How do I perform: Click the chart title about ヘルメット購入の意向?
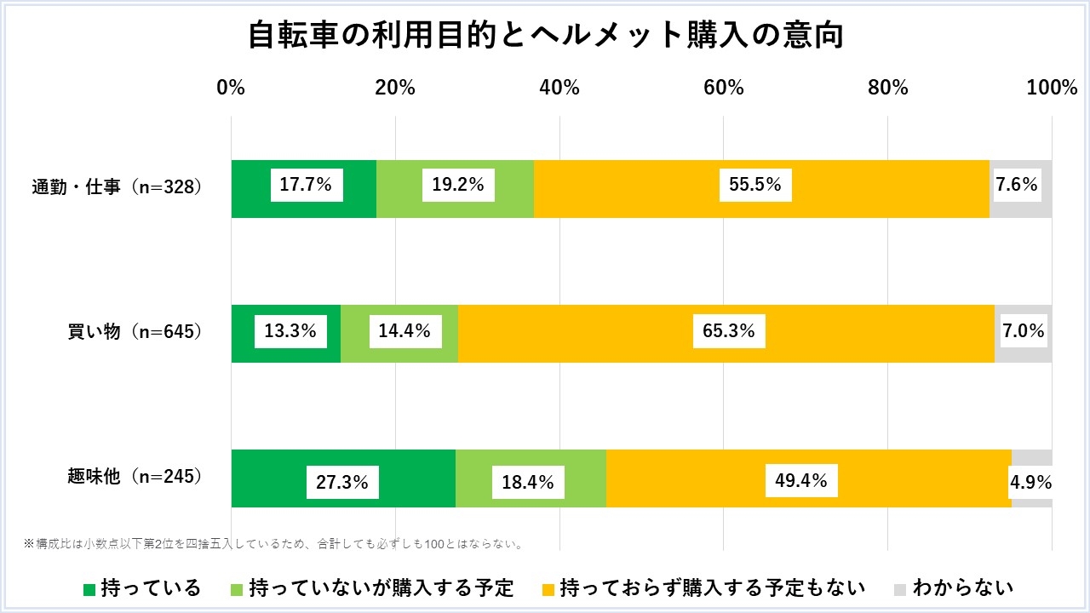point(545,36)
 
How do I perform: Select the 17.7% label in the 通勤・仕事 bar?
point(307,184)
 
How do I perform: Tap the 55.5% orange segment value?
point(755,184)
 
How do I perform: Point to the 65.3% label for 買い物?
point(729,330)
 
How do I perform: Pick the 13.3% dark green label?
point(290,330)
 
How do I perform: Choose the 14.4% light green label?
point(404,330)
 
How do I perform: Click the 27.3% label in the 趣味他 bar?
point(342,482)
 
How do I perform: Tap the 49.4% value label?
point(801,480)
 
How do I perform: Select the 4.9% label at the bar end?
point(1030,482)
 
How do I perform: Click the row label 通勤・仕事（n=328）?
point(118,186)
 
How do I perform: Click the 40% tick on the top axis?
point(559,88)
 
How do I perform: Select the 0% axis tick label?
point(231,88)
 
